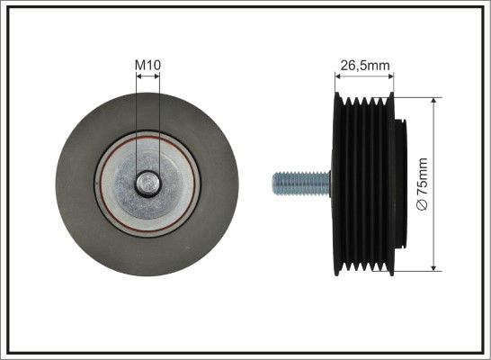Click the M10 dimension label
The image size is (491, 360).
[147, 65]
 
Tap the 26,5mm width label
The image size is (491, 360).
[365, 66]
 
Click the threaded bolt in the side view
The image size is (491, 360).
[301, 184]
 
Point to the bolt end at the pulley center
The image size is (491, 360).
[148, 184]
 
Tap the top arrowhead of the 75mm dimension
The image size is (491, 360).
[433, 101]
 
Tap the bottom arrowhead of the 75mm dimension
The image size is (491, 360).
[433, 267]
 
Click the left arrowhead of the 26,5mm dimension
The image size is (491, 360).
[337, 76]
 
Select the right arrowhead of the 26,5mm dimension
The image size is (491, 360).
[390, 76]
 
